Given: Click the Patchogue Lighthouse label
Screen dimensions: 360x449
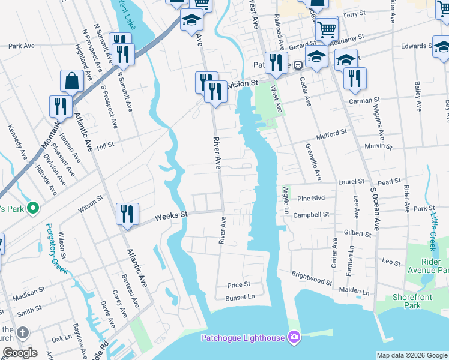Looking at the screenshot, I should point(243,338).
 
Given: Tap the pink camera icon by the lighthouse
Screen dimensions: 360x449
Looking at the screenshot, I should point(294,337).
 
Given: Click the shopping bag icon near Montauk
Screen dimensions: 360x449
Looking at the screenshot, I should point(71,81).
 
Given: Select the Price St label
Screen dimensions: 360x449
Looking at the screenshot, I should point(238,284).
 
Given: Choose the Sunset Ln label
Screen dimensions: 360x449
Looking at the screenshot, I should point(240,296).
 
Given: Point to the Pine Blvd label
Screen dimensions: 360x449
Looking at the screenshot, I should point(311,198).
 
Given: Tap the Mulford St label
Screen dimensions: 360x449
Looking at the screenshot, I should point(333,133).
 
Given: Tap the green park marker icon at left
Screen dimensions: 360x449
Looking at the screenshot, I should point(33,209).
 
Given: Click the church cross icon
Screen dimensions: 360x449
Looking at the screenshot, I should point(23,332).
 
